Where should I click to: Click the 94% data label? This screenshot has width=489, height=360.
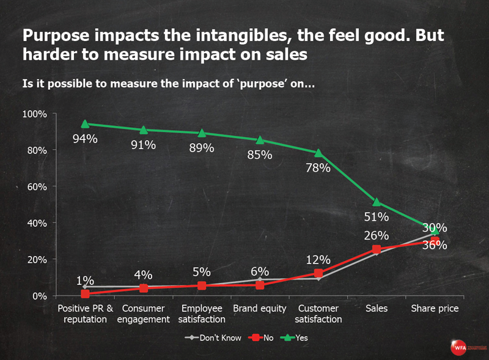tap(85, 139)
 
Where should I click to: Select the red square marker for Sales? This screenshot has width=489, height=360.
tap(377, 249)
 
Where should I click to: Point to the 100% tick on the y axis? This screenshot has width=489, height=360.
tap(35, 114)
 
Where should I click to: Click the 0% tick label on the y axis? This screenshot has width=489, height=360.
tap(39, 296)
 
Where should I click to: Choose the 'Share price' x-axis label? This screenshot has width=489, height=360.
tap(435, 309)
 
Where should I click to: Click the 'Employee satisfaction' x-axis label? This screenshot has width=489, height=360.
tap(202, 314)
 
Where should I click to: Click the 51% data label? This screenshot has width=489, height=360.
tap(377, 216)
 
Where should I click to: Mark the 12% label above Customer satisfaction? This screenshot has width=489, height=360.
tap(318, 260)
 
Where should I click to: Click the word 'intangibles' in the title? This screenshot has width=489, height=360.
tap(199, 35)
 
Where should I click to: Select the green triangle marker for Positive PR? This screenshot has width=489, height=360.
tap(85, 124)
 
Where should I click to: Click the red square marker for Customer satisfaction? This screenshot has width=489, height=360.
tap(318, 273)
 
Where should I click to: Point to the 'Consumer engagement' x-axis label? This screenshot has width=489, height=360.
tap(143, 314)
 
